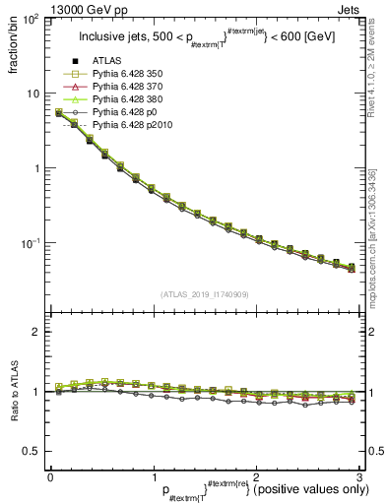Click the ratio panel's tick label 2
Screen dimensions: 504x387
37,332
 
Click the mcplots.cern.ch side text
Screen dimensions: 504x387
378,256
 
